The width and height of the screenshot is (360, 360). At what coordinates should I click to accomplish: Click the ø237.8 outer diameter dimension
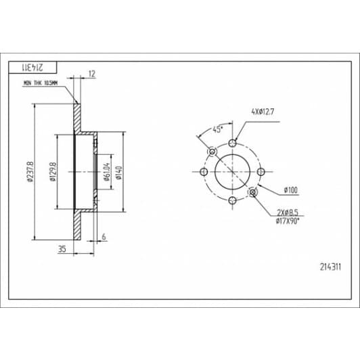point(30,172)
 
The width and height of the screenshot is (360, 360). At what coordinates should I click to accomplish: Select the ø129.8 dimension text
point(53,171)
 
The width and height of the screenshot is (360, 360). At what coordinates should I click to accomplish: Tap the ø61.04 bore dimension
point(107,172)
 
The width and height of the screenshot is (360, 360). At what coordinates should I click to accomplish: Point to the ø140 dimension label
point(119,173)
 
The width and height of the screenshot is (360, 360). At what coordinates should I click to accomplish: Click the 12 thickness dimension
point(91,74)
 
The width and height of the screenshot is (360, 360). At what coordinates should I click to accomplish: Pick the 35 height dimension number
point(62,248)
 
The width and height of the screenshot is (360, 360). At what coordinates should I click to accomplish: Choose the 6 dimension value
point(104,236)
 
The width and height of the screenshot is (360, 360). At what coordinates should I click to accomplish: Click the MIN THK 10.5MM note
point(41,83)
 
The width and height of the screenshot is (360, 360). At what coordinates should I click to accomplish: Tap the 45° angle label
point(218,129)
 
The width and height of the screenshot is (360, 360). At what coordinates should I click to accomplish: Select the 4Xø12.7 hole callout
point(263,112)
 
